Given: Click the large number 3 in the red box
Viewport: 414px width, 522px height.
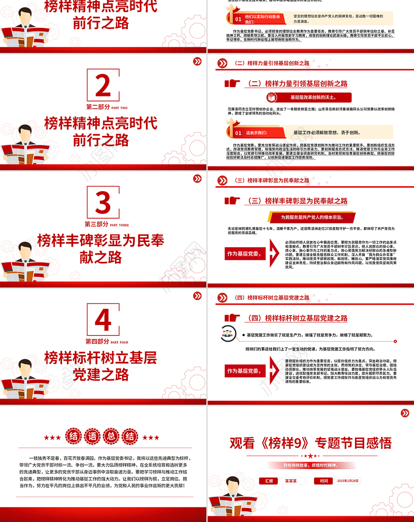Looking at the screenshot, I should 103,203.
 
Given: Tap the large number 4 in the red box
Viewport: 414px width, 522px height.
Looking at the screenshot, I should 103,321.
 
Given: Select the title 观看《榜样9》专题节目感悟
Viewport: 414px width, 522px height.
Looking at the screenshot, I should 310,442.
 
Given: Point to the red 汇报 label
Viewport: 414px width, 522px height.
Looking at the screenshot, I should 269,481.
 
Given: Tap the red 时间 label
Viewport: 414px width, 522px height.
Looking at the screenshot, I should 324,481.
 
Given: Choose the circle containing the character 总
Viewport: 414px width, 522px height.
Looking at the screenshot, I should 108,438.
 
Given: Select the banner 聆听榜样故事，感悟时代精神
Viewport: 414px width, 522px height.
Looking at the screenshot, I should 310,466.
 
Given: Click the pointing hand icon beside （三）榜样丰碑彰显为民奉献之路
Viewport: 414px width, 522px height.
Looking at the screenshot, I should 233,201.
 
